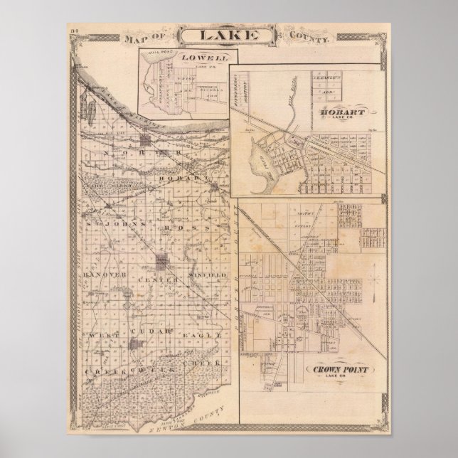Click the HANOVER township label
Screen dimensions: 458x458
click(x=105, y=275)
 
